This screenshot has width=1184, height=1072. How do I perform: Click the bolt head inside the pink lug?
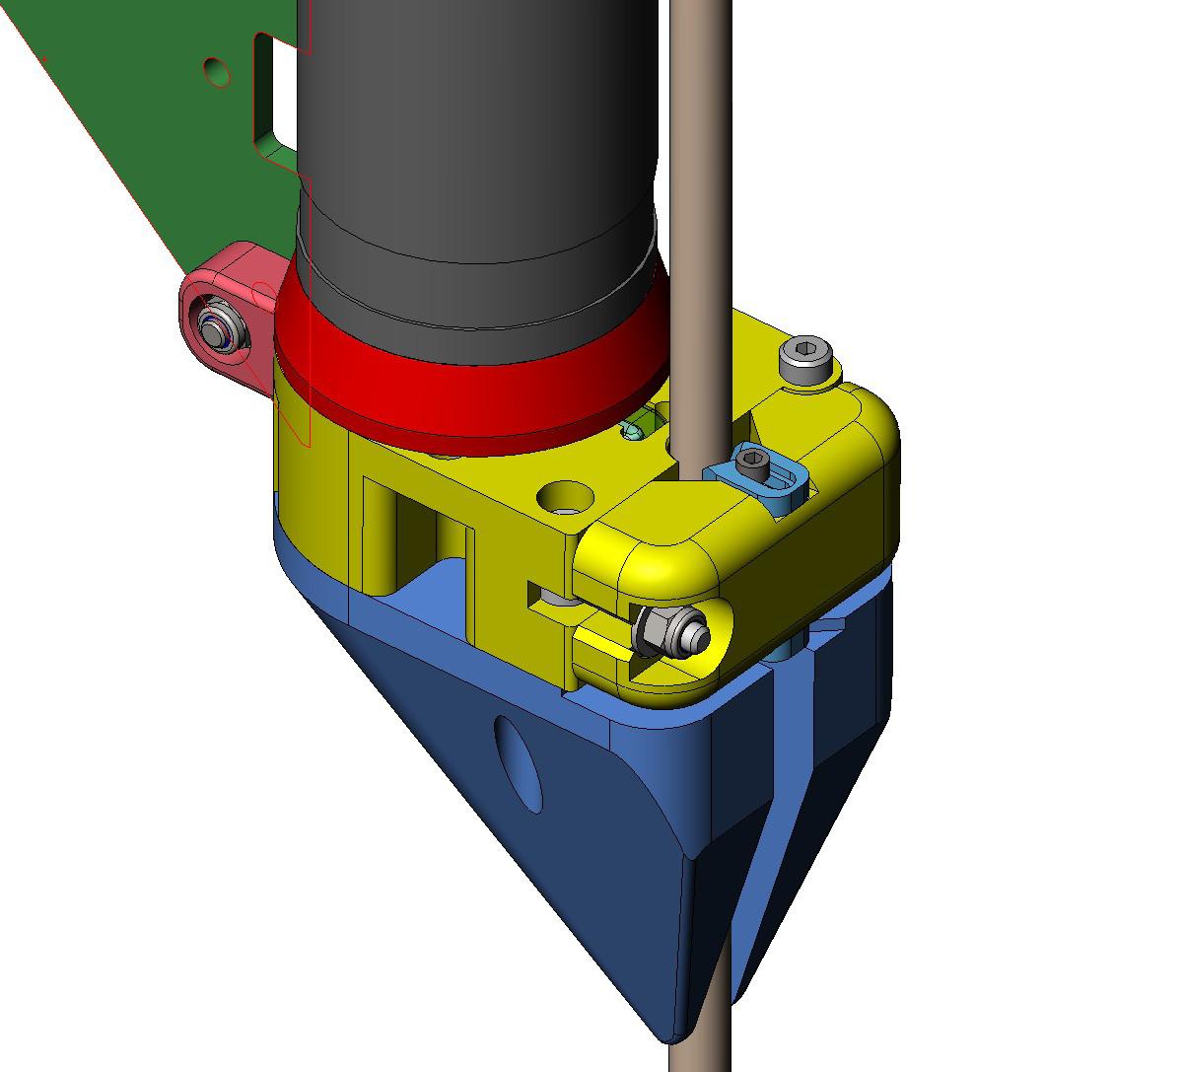point(211,328)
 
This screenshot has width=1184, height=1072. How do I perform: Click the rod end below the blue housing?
point(700,1045)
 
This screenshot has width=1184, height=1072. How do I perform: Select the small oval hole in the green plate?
point(217,70)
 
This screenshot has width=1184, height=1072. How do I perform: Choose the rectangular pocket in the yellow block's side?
point(414,533)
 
